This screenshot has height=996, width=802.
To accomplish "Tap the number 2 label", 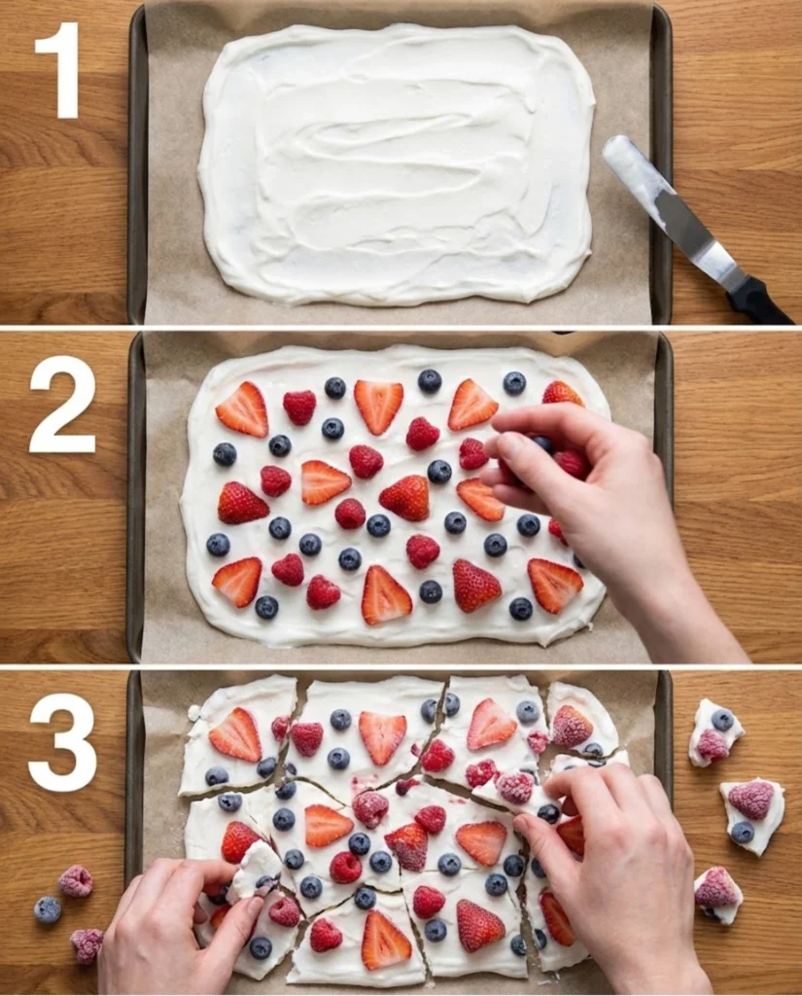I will click(x=63, y=404).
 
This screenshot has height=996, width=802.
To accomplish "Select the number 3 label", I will click(x=62, y=742).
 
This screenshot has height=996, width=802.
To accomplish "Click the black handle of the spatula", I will click(x=759, y=301).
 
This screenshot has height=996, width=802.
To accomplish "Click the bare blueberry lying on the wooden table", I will click(x=48, y=910).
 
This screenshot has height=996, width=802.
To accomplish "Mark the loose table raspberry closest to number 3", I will click(x=76, y=881).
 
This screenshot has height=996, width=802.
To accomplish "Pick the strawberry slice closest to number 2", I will click(x=242, y=409).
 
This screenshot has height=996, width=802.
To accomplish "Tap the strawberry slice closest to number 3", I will click(x=235, y=734).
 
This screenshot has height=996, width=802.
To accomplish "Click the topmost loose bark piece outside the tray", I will click(x=715, y=731).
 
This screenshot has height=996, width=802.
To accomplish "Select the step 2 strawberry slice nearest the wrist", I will click(x=555, y=585).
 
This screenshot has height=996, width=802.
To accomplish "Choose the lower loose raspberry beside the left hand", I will click(x=87, y=943).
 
